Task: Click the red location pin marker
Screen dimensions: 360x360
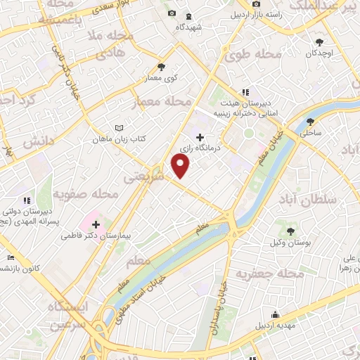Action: (x=181, y=165)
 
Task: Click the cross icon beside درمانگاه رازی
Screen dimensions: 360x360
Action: (x=200, y=137)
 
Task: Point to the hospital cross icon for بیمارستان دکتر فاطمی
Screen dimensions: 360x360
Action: (x=96, y=224)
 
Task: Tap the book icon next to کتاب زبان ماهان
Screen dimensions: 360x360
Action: (x=119, y=128)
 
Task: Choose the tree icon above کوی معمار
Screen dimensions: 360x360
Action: (x=161, y=67)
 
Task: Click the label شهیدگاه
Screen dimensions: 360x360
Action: (x=189, y=27)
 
